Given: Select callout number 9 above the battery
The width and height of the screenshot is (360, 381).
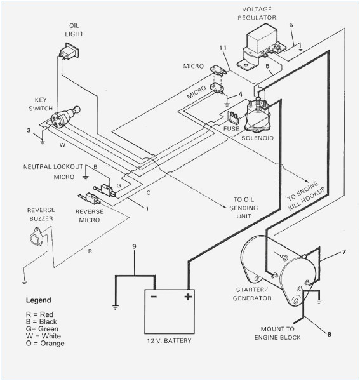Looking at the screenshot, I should click(x=134, y=246).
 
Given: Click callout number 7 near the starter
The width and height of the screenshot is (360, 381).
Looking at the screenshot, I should click(x=343, y=252).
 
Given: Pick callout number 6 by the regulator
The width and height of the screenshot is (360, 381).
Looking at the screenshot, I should click(x=291, y=25).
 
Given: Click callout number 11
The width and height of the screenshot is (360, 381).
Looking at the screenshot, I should click(x=222, y=48).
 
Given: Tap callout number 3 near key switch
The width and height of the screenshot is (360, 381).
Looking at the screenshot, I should click(x=28, y=130).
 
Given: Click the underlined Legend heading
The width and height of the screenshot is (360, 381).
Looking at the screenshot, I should click(x=38, y=300).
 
